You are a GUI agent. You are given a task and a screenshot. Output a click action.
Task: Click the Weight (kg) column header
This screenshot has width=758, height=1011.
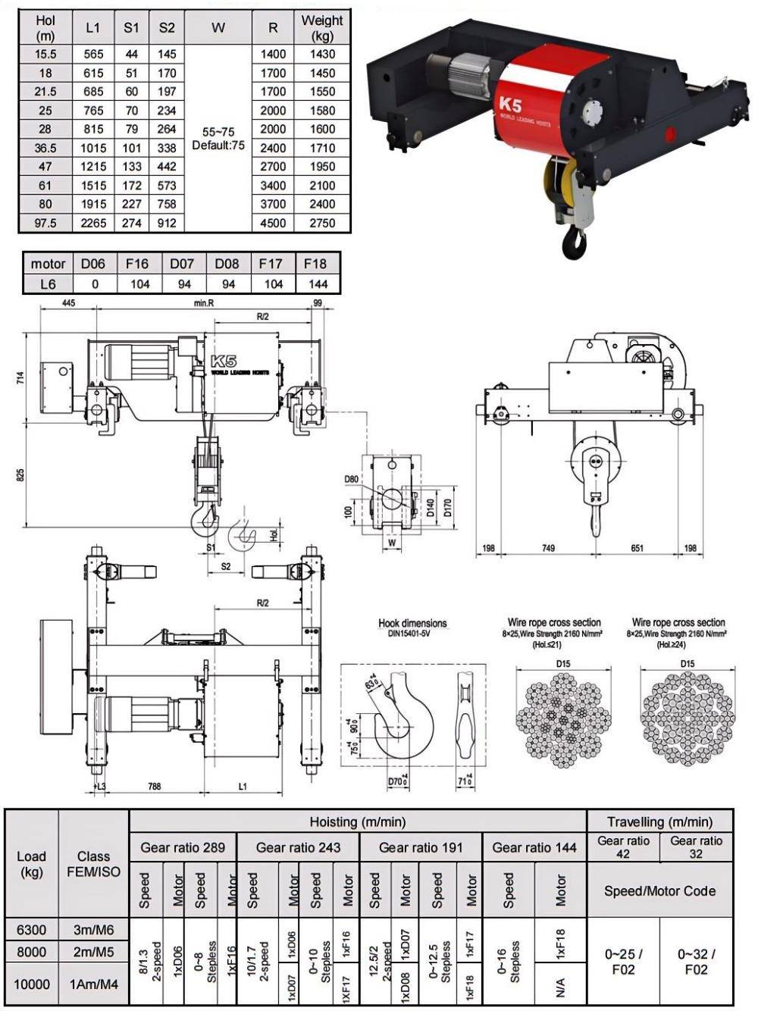tap(322, 27)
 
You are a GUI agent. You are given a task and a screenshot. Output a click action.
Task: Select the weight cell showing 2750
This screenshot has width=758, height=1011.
tap(322, 223)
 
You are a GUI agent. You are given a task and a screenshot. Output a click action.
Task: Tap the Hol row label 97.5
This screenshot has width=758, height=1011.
tap(45, 223)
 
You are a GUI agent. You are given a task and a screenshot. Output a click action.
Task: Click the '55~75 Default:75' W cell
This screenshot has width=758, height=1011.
tap(218, 138)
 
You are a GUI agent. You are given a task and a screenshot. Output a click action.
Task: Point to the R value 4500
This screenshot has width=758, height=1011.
tap(273, 223)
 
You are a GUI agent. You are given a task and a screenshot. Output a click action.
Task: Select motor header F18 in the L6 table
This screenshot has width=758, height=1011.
tap(315, 264)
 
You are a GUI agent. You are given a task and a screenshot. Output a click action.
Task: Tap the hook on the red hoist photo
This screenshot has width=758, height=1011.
tap(574, 240)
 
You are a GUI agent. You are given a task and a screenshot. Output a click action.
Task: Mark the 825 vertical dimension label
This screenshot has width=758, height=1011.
tap(21, 474)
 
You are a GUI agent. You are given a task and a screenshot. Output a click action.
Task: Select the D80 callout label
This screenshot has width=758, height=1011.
tap(352, 480)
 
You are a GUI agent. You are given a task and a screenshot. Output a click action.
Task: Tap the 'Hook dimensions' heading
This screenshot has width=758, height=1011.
tap(412, 624)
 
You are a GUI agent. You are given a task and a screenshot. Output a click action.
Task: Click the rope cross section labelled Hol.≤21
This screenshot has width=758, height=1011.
tap(562, 717)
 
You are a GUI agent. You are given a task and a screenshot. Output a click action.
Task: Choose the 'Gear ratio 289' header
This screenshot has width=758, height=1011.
tap(183, 847)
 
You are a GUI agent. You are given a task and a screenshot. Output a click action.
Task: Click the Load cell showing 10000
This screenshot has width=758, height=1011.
tap(32, 984)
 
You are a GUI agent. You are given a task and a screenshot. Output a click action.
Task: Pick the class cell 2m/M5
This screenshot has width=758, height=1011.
tap(93, 952)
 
